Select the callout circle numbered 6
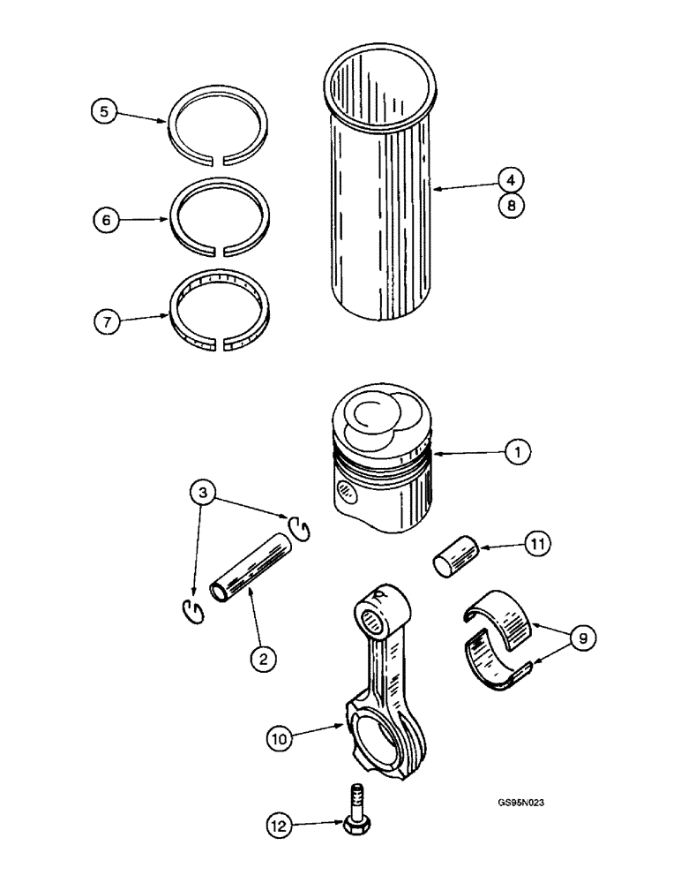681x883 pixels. (106, 222)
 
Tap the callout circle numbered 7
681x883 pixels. (106, 321)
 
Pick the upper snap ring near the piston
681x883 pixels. (299, 528)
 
